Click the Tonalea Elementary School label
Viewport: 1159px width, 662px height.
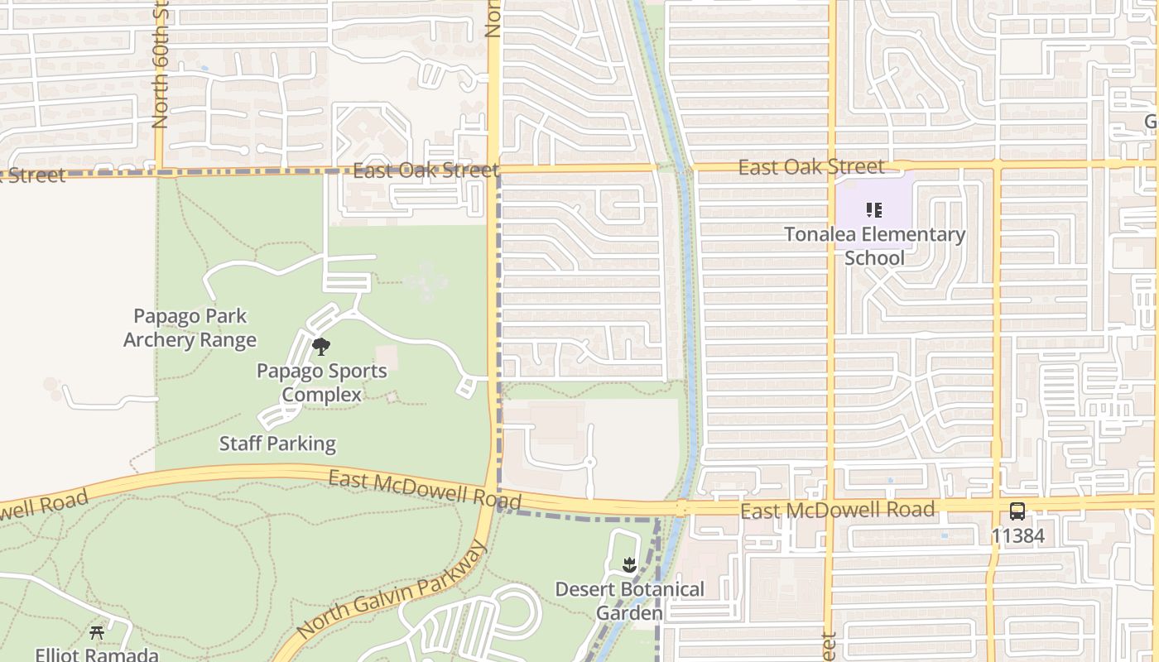pos(875,246)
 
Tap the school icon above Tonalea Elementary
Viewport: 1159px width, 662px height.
pos(874,211)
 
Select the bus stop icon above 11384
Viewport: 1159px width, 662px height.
pos(1017,511)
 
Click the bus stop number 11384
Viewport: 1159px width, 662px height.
pos(1017,536)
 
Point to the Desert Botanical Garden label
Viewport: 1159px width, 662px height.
pos(630,601)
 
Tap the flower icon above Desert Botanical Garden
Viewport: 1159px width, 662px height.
pos(629,565)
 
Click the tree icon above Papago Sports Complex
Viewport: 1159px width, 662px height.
pos(321,347)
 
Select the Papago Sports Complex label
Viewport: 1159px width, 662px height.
pos(321,382)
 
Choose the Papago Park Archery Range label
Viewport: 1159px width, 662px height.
pos(190,328)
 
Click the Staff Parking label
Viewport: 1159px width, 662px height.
pos(277,444)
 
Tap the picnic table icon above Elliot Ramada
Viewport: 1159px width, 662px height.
pos(97,633)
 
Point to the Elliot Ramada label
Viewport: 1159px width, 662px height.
pos(97,654)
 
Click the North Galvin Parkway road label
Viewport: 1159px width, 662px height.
pos(389,592)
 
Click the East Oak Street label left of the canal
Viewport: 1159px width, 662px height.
pos(426,171)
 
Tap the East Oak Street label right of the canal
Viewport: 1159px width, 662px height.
pos(811,167)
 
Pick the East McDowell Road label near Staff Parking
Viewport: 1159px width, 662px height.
pos(425,489)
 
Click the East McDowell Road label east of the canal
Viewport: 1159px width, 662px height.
pos(838,510)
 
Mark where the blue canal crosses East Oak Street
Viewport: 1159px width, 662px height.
pos(684,168)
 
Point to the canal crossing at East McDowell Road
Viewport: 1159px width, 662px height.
pos(680,507)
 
